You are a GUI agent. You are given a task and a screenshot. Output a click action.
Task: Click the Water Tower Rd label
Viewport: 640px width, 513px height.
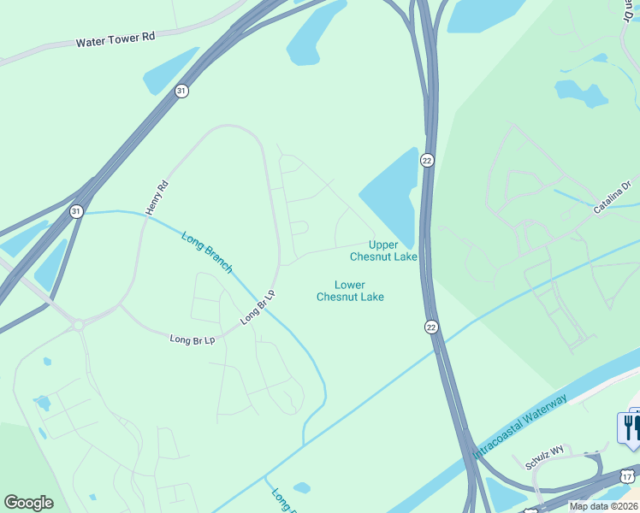click(x=116, y=39)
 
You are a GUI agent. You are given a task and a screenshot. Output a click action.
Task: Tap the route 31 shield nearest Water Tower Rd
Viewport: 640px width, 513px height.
click(x=181, y=91)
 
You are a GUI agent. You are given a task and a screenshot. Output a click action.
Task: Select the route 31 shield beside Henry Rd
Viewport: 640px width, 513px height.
click(x=76, y=210)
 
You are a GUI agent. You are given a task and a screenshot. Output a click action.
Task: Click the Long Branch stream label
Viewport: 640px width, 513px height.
click(x=206, y=252)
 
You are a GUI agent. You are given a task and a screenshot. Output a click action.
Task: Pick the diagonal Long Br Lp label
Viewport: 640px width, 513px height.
click(x=260, y=307)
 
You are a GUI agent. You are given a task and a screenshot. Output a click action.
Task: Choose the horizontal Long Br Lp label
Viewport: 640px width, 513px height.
click(x=191, y=339)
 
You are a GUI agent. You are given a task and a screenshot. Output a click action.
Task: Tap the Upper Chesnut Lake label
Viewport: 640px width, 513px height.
click(x=384, y=251)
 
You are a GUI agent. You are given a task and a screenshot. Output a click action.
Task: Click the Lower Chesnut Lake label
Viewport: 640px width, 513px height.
click(x=350, y=291)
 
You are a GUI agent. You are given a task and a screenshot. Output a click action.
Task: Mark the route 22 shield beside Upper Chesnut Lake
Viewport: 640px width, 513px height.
click(x=427, y=160)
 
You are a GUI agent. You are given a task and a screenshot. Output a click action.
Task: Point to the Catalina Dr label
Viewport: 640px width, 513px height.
click(x=613, y=196)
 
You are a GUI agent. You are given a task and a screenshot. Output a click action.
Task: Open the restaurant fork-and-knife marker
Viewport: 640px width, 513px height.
click(x=631, y=427)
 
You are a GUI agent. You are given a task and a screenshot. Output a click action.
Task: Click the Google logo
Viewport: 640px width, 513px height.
click(x=28, y=503)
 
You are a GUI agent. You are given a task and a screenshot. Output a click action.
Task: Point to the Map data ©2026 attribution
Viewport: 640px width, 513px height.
click(x=603, y=506)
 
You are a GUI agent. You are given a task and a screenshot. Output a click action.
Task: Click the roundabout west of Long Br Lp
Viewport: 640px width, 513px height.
click(x=78, y=324)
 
